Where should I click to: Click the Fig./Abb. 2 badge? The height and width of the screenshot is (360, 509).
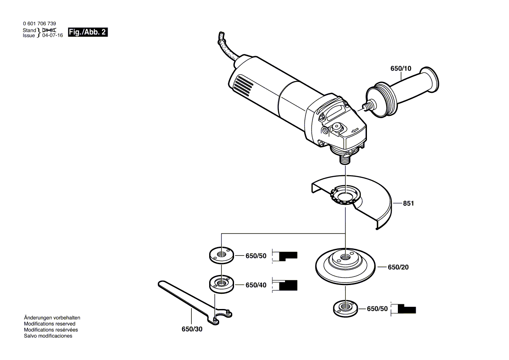tap(88, 32)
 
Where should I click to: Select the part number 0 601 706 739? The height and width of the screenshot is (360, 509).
tap(39, 24)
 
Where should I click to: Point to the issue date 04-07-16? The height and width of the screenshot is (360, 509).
tap(52, 36)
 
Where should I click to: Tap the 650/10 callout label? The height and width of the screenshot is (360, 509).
tap(400, 68)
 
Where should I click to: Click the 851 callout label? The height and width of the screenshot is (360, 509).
tap(408, 203)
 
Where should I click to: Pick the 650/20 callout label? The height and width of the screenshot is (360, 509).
tap(398, 267)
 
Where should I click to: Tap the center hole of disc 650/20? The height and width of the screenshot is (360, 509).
tap(346, 257)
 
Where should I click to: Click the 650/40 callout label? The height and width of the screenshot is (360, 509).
tap(256, 285)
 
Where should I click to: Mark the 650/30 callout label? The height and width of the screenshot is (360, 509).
tap(192, 329)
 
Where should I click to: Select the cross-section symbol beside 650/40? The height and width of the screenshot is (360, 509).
tap(285, 285)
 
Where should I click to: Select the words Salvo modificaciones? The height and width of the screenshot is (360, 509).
tap(48, 336)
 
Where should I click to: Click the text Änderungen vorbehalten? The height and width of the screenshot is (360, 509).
tap(52, 318)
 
